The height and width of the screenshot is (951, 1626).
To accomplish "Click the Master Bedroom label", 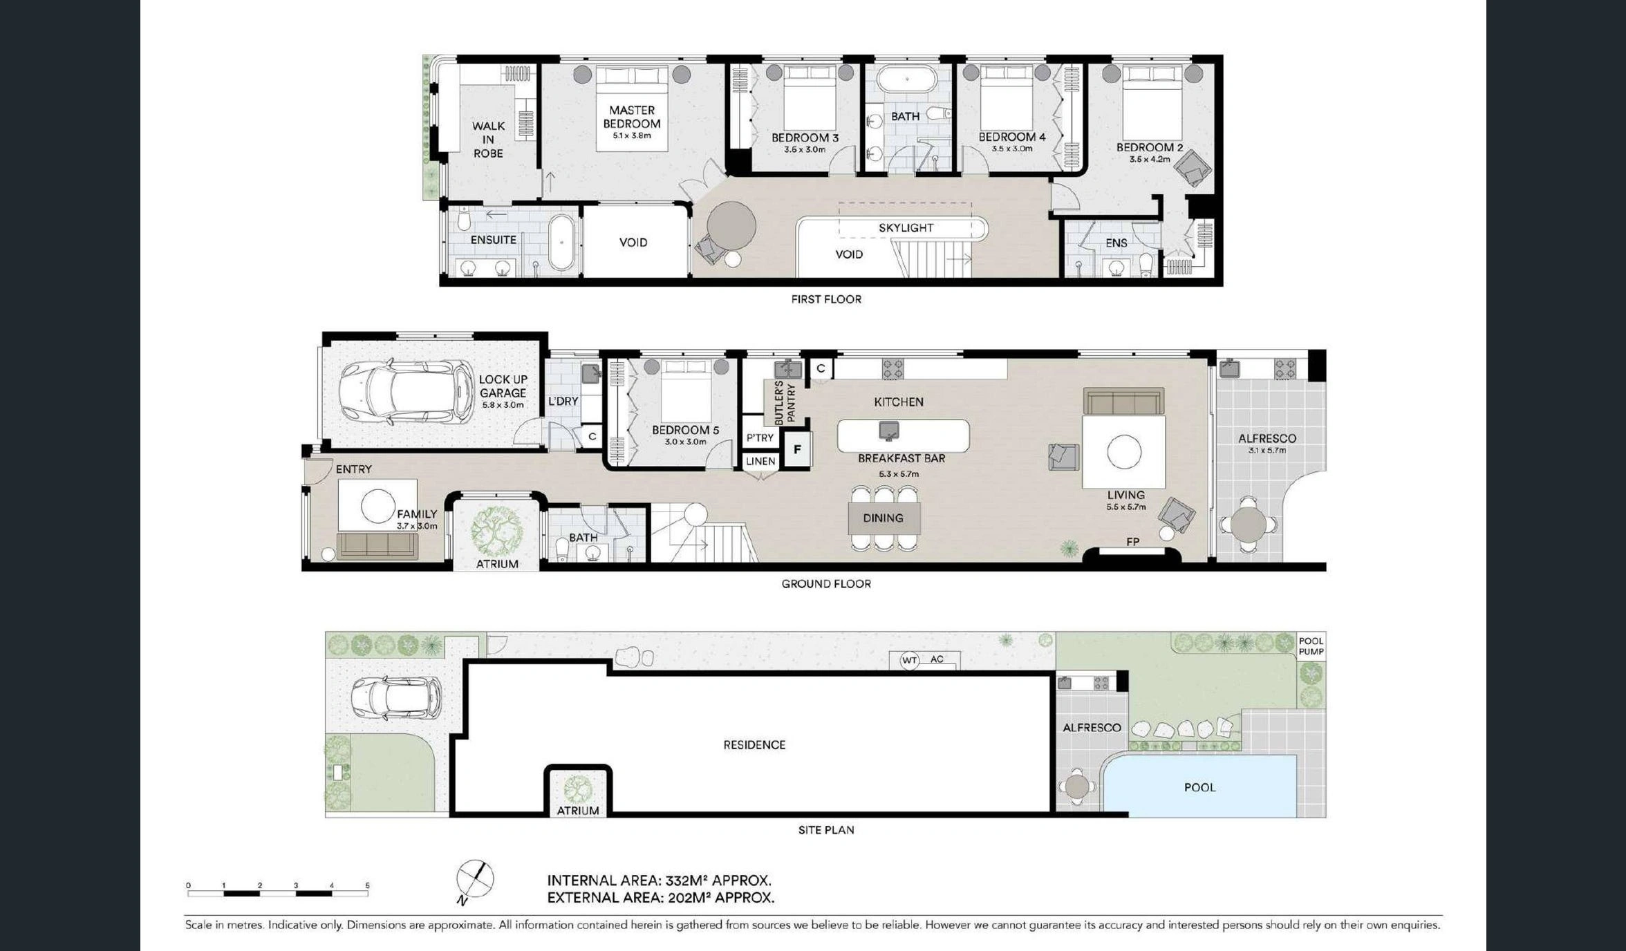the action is [631, 117].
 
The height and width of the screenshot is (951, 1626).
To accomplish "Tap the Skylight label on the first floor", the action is [906, 228].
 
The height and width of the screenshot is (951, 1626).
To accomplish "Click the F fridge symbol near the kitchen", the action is [797, 449].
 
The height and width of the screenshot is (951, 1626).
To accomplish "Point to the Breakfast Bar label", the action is [901, 458].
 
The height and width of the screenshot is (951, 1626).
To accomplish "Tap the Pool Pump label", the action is [1311, 646].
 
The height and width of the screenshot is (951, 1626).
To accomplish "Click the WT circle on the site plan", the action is [909, 661].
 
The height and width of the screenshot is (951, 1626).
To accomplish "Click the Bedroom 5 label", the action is [685, 430].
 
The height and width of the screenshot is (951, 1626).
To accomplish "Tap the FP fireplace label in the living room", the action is [1132, 542].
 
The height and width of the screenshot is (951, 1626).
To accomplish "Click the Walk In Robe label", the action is [488, 140].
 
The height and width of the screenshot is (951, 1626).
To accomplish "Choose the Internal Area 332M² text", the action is [659, 881].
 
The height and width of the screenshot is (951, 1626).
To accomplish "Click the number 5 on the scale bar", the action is [367, 885].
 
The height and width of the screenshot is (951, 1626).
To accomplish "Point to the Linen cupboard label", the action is [760, 461].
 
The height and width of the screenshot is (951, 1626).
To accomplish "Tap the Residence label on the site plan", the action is [754, 745].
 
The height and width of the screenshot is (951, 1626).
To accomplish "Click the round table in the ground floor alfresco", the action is [1249, 525].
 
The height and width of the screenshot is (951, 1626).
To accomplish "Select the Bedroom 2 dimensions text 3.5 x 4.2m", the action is [1150, 160].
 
